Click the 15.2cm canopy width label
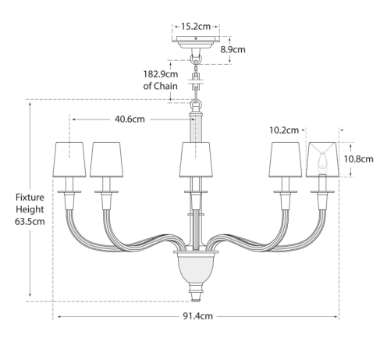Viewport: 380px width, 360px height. tap(196, 27)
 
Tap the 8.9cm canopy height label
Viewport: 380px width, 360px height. tap(233, 49)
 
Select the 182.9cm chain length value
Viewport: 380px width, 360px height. tap(161, 74)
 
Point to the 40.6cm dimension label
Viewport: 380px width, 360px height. tap(130, 119)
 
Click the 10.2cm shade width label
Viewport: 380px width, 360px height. tap(284, 130)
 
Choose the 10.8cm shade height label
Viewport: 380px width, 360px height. tap(359, 159)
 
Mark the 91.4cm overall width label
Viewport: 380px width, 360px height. tap(197, 316)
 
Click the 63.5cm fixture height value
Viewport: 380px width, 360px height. tap(30, 222)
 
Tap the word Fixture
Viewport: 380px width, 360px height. tap(30, 198)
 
